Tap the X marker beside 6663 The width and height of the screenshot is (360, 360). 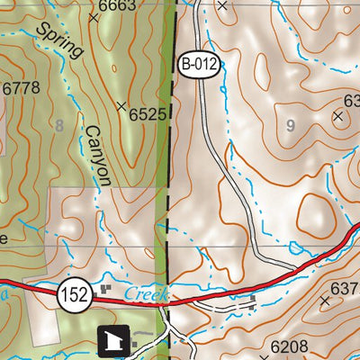pos(93,17)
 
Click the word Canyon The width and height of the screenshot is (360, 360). pos(97,155)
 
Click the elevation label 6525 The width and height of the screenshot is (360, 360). pos(148,114)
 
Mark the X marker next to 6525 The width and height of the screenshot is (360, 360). pos(121,106)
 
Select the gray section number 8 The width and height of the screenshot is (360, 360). pos(59,126)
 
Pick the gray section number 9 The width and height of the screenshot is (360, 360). pos(290,126)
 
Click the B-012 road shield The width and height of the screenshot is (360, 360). pos(199,64)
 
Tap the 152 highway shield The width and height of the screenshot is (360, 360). pos(75,294)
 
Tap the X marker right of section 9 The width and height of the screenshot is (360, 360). pos(338,116)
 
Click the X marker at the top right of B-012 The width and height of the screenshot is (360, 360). pos(222,4)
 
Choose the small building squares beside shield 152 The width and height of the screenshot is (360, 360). pos(107,290)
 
